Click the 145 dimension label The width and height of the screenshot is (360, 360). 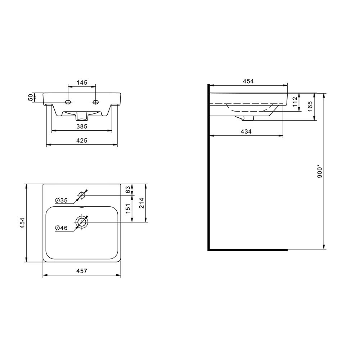click(x=82, y=82)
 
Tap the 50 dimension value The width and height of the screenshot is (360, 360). click(x=31, y=97)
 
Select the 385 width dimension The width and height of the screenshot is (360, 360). click(x=82, y=126)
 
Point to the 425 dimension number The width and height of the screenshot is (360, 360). click(x=82, y=140)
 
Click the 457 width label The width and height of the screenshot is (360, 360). click(x=82, y=271)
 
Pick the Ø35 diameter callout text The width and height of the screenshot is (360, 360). click(x=61, y=201)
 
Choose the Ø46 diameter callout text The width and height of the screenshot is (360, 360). click(x=61, y=228)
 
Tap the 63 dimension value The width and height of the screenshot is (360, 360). click(x=128, y=189)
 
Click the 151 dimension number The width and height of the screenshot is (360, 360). click(x=128, y=208)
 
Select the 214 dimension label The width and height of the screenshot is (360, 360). click(x=141, y=203)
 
